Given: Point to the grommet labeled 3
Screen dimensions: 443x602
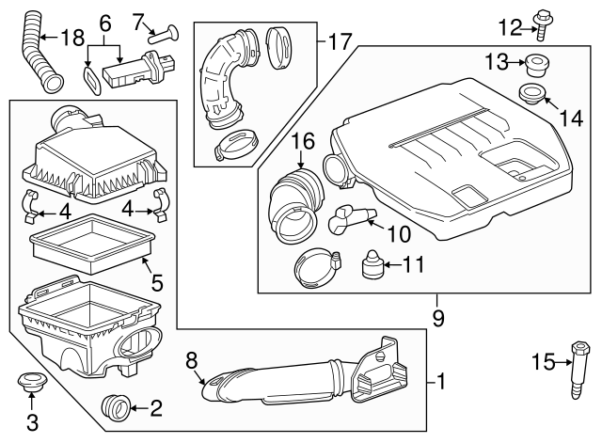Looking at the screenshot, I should (32, 387).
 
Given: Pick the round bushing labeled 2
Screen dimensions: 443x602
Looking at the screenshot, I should (117, 408).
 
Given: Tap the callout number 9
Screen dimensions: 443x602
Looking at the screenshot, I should (438, 318).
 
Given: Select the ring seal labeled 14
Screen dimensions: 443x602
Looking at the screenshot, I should (531, 96).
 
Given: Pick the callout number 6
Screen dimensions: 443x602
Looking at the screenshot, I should (104, 20).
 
